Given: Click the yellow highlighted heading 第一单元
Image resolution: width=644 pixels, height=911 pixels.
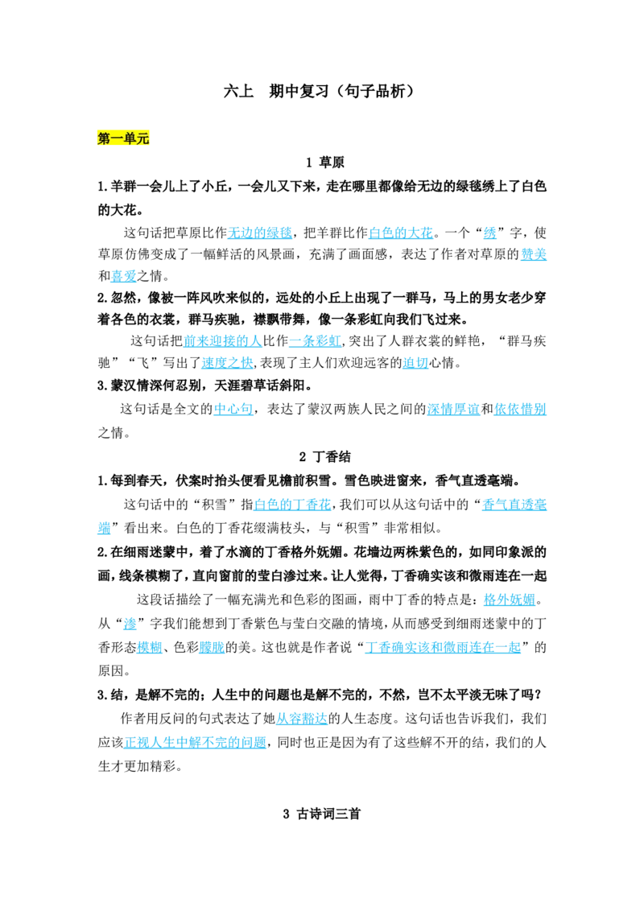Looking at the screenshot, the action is pyautogui.click(x=123, y=138).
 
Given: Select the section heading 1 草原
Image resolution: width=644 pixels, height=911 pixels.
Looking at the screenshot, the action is pyautogui.click(x=325, y=163).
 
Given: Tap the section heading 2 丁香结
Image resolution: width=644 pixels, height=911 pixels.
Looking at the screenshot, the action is pyautogui.click(x=325, y=456).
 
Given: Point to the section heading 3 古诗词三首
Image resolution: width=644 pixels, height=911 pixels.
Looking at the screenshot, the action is pyautogui.click(x=321, y=814).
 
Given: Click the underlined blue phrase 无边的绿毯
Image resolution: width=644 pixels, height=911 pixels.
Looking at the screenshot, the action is pyautogui.click(x=259, y=233).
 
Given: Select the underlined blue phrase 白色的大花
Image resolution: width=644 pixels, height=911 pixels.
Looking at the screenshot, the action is pyautogui.click(x=401, y=233).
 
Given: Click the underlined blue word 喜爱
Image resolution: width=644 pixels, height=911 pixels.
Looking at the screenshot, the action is pyautogui.click(x=123, y=276).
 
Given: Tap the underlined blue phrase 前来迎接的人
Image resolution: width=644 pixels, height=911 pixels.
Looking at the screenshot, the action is pyautogui.click(x=223, y=341).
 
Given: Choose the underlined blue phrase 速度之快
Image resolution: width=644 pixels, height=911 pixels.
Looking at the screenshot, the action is pyautogui.click(x=227, y=363).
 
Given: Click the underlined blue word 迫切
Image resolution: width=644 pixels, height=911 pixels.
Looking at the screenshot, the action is pyautogui.click(x=415, y=363).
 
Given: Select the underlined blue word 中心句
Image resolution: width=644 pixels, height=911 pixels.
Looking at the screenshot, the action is pyautogui.click(x=233, y=409).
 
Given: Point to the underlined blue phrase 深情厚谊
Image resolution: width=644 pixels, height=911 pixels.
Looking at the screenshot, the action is pyautogui.click(x=453, y=409).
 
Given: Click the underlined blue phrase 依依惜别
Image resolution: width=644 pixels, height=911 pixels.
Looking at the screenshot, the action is pyautogui.click(x=520, y=409).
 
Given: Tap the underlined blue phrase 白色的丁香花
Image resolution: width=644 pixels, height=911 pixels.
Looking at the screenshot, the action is pyautogui.click(x=292, y=505).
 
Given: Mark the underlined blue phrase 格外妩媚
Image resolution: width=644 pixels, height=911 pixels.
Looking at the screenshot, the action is pyautogui.click(x=510, y=600).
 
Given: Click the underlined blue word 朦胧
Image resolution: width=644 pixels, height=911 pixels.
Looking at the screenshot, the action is pyautogui.click(x=212, y=647).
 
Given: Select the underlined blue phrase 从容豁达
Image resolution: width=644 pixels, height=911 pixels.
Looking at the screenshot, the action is pyautogui.click(x=302, y=719).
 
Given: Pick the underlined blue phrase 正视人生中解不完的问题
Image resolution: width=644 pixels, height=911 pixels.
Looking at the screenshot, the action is pyautogui.click(x=196, y=743).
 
